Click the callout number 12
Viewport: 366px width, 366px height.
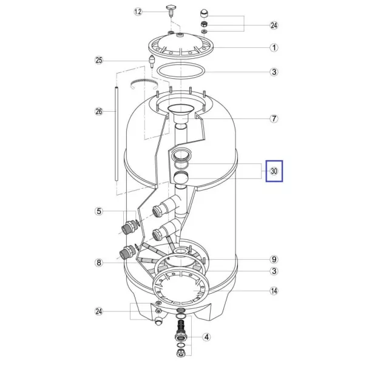(x=138, y=12)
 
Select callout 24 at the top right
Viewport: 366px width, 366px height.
(x=274, y=25)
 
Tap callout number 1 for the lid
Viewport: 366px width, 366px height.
(x=274, y=47)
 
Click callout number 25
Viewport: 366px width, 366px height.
(x=99, y=60)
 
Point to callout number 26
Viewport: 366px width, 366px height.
(x=99, y=111)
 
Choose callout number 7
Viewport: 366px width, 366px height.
(x=274, y=118)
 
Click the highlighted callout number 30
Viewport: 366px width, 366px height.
(x=274, y=171)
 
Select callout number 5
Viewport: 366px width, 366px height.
(x=99, y=211)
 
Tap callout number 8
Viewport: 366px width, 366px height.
(x=99, y=263)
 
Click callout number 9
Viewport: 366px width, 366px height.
(x=274, y=259)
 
